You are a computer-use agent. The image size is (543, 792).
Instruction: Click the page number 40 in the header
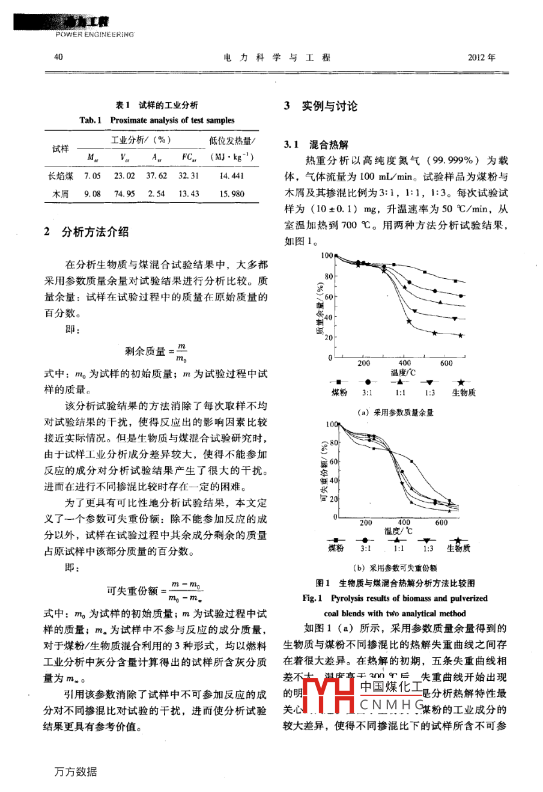coord(58,58)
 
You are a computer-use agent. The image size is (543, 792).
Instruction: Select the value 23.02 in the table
coord(124,176)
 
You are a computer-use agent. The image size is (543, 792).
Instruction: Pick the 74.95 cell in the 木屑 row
coord(124,194)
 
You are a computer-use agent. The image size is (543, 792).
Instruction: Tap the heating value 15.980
coord(232,194)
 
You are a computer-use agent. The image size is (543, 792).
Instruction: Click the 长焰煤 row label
coord(60,176)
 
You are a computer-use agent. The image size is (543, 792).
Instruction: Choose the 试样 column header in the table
coord(60,148)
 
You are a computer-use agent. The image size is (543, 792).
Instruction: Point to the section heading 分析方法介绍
coord(95,232)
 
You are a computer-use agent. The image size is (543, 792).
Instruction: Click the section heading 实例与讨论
coord(329,106)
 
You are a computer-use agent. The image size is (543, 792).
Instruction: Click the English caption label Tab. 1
coord(91,120)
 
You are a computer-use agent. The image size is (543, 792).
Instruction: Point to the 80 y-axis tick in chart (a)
coord(328,276)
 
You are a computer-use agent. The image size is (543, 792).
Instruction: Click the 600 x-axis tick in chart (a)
coord(446,364)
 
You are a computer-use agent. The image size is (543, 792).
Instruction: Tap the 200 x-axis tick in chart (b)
coord(366,523)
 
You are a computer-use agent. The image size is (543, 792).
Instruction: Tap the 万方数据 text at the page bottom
coord(76,772)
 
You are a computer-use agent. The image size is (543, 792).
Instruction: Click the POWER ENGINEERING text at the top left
coord(95,35)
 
